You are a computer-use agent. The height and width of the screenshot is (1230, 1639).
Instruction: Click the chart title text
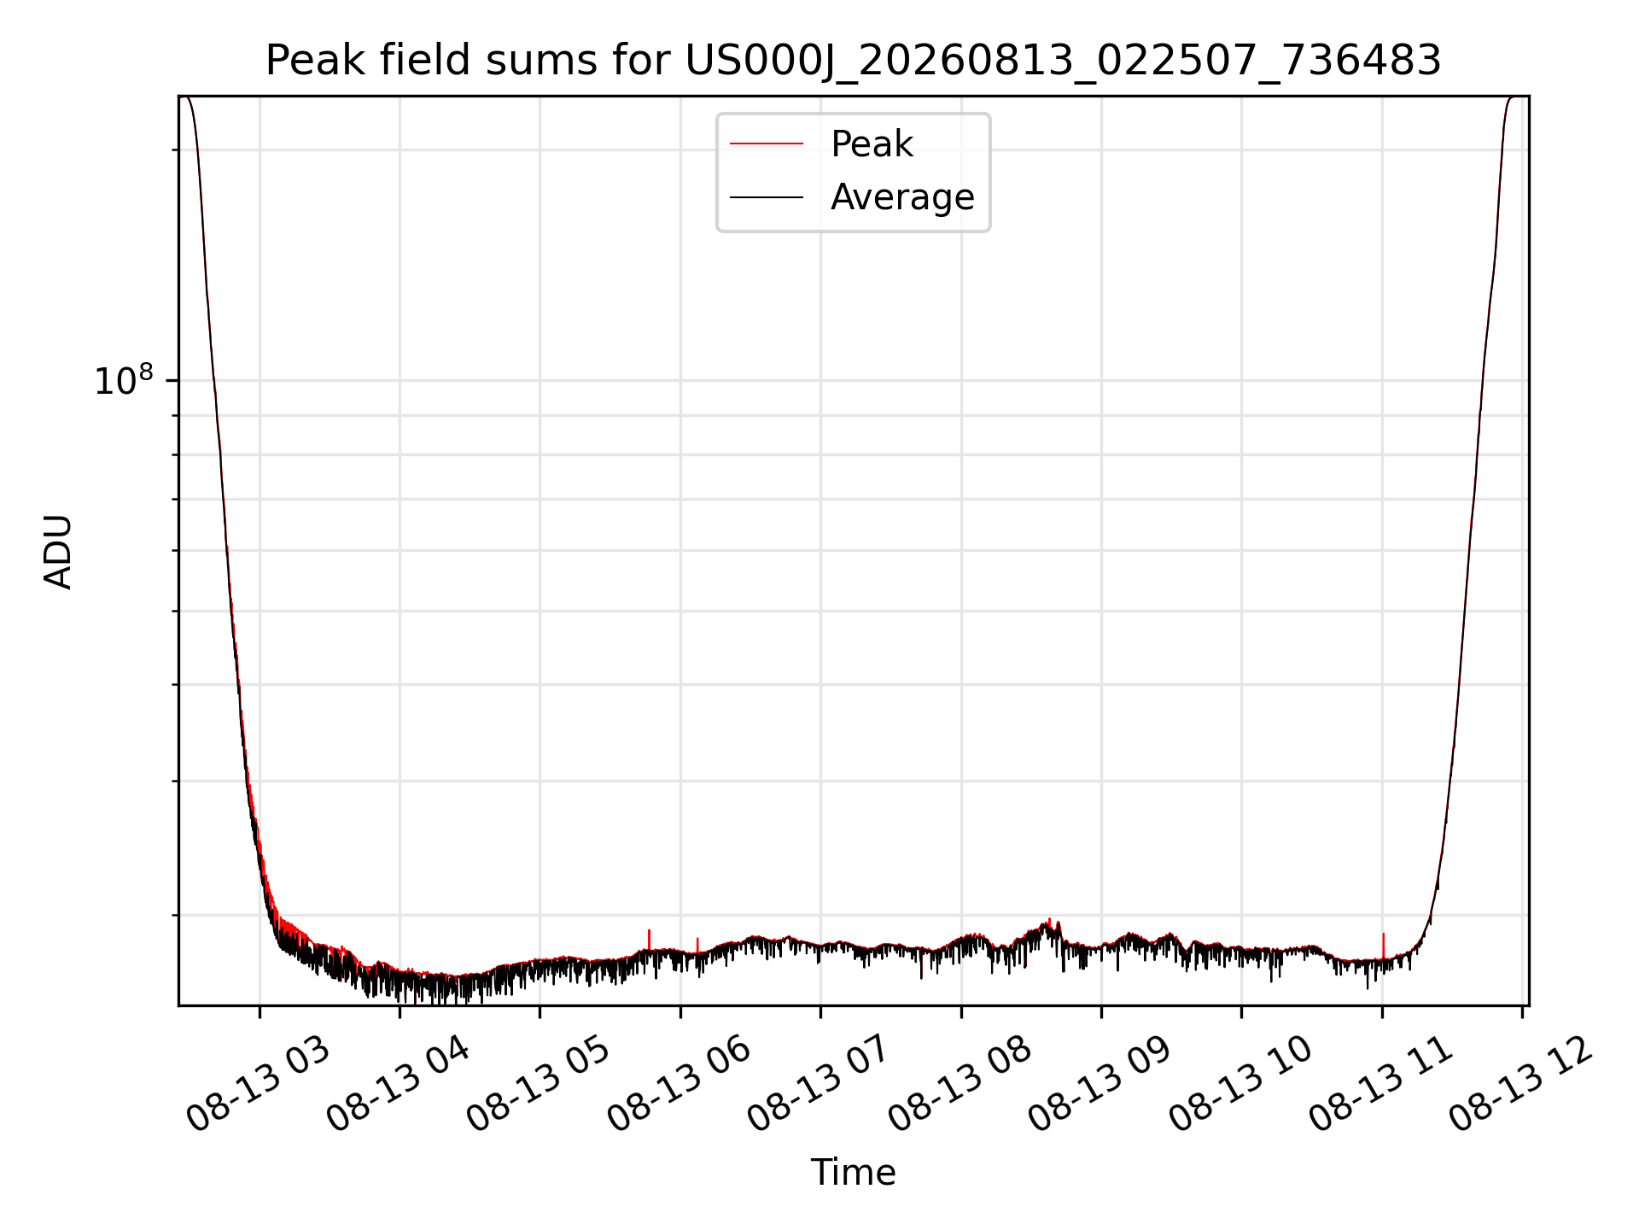pyautogui.click(x=853, y=61)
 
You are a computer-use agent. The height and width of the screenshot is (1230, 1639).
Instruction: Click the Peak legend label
pyautogui.click(x=872, y=144)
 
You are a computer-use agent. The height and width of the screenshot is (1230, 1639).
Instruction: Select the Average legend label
pyautogui.click(x=902, y=197)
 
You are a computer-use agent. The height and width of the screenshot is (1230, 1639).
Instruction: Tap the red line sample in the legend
pyautogui.click(x=767, y=144)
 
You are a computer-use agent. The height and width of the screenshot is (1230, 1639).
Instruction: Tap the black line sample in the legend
pyautogui.click(x=767, y=197)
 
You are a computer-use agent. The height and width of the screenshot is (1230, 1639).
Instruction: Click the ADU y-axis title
pyautogui.click(x=58, y=552)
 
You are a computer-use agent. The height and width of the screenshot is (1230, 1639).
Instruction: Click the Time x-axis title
pyautogui.click(x=853, y=1173)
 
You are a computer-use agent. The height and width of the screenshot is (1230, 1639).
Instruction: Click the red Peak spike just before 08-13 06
pyautogui.click(x=649, y=940)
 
